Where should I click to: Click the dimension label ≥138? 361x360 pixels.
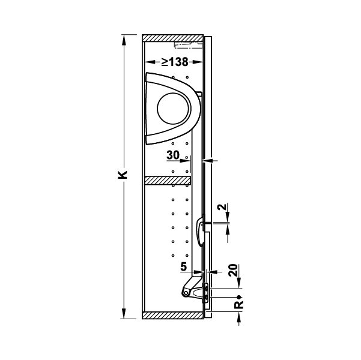[175, 62]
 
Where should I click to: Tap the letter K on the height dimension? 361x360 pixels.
[123, 175]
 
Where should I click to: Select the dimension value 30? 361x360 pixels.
[173, 155]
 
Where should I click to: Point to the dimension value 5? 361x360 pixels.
[183, 267]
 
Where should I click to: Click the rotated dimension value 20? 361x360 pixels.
[233, 270]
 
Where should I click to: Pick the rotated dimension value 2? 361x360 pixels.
[222, 207]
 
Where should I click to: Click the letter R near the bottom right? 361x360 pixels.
[239, 305]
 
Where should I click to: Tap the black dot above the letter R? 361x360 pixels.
[239, 297]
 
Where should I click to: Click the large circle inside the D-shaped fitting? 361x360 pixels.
[174, 109]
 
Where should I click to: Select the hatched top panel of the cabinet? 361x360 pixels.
[172, 38]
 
